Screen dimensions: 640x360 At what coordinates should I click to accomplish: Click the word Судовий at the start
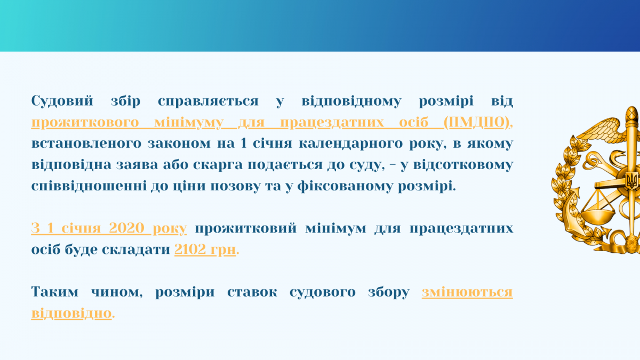coord(62,101)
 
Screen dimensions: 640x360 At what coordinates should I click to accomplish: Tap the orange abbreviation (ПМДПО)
coord(477,123)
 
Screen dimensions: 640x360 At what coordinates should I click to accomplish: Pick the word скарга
coord(218,165)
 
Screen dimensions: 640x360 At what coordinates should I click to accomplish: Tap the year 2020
coord(126,228)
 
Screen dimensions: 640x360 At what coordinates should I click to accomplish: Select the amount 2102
coord(190,249)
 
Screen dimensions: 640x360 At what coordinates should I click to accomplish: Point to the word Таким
coord(54,292)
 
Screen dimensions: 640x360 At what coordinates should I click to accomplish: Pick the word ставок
coord(252,292)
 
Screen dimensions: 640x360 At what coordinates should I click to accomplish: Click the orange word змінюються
coord(467,292)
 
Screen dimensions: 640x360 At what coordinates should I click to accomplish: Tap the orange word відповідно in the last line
coord(71,313)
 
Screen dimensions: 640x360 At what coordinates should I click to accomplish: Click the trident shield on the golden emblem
coord(631,181)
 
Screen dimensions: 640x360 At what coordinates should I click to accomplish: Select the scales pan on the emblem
coord(598,217)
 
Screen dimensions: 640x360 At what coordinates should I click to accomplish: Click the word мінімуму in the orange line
coord(189,123)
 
